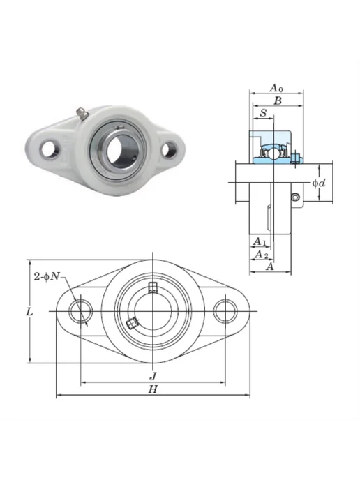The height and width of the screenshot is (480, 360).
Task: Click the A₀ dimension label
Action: point(276,88)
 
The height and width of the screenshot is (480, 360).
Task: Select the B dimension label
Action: point(278,101)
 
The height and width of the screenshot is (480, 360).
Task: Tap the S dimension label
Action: point(263,113)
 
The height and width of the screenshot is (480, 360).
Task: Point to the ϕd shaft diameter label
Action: point(319,183)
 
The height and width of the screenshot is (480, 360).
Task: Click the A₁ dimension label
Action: point(260,241)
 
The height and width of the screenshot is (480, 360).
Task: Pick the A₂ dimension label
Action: point(262,255)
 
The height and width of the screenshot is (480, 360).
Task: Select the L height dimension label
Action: point(29,312)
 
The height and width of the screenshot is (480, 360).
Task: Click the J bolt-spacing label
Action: point(153,375)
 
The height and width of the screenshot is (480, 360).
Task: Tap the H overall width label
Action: point(153,389)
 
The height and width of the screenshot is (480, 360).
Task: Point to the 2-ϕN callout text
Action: point(47,277)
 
